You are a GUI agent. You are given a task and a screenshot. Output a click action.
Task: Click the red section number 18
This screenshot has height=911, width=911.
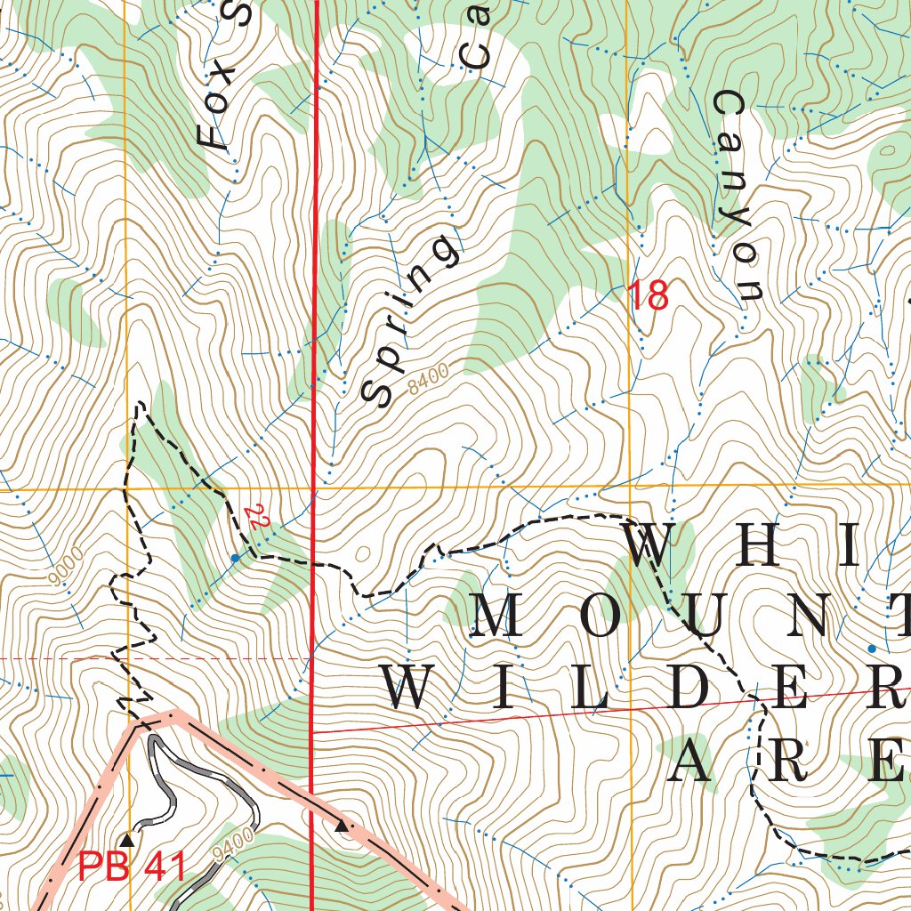pyautogui.click(x=649, y=296)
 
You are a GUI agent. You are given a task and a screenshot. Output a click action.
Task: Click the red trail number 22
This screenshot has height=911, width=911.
pyautogui.click(x=257, y=519)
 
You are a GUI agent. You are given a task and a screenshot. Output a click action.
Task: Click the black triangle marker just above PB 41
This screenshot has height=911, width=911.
pyautogui.click(x=127, y=839)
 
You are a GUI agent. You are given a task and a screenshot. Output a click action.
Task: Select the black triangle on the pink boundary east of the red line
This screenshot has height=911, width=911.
pyautogui.click(x=341, y=826)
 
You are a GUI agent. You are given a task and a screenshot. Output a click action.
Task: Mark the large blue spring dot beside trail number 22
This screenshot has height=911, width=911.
pyautogui.click(x=235, y=558)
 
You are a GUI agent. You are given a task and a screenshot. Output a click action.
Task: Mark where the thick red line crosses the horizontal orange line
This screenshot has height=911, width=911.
pyautogui.click(x=313, y=488)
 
